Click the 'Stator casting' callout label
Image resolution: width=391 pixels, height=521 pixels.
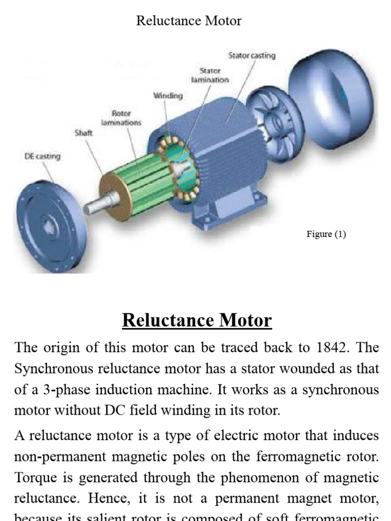252,55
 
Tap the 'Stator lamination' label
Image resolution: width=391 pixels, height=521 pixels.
210,75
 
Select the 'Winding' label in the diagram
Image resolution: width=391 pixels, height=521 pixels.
168,96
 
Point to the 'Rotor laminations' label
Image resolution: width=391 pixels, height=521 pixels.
121,118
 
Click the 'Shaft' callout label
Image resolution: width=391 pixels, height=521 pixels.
84,134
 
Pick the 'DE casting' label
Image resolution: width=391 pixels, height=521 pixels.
42,157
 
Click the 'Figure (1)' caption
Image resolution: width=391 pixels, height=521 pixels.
326,234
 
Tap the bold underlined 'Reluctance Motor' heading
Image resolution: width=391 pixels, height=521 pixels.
197,321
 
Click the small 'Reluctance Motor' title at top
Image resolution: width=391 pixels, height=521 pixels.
188,21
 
